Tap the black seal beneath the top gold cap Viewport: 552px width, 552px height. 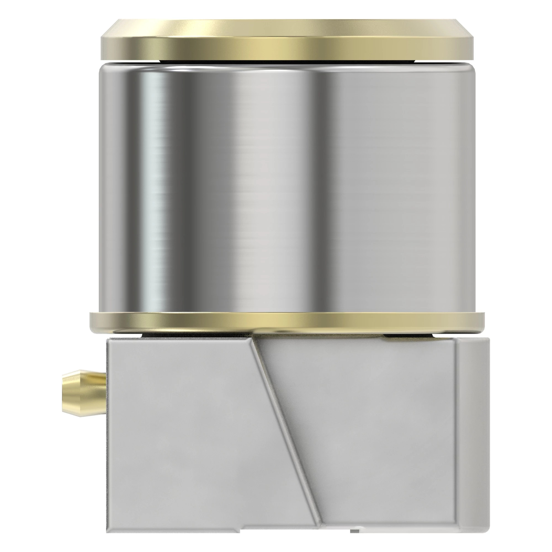286,61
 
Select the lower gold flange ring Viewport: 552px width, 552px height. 286,322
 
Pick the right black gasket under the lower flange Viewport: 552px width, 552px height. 408,335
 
